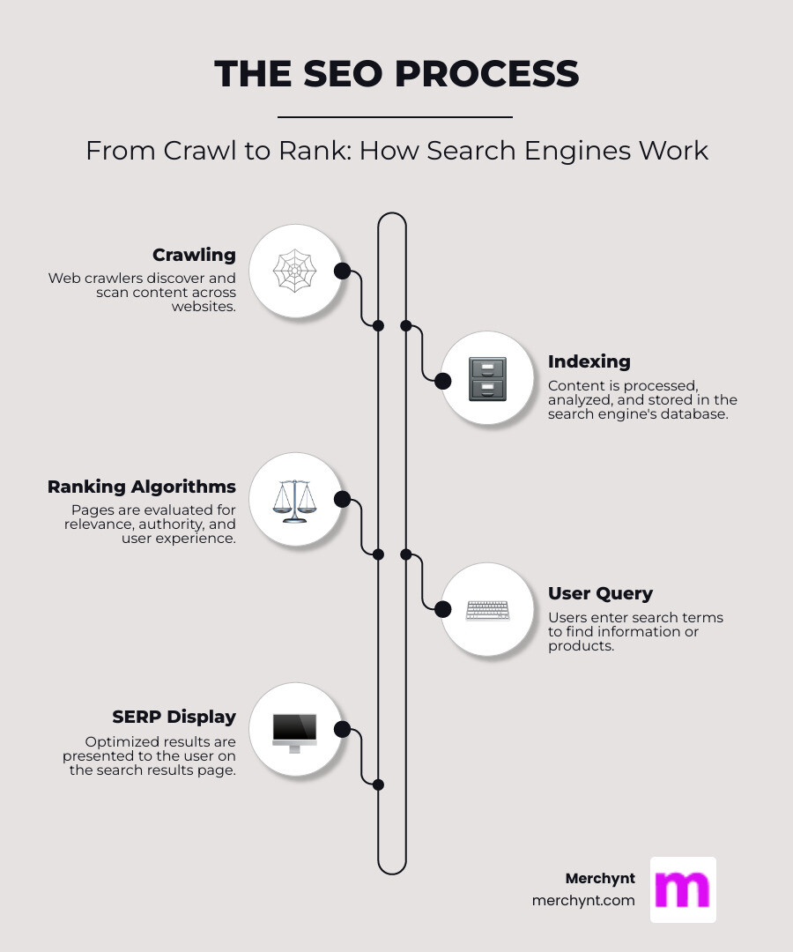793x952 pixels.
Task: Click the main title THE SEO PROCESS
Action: (396, 74)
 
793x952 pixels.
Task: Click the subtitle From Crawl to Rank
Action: (396, 151)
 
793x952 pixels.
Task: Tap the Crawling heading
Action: (194, 255)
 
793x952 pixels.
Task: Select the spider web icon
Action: (294, 271)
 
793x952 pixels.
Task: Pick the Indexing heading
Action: (589, 361)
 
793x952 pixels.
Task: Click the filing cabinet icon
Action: (487, 379)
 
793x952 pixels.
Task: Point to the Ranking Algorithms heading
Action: (142, 487)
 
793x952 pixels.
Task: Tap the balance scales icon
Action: (294, 500)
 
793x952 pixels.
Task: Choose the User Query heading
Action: (600, 593)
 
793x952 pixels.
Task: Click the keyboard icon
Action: (487, 609)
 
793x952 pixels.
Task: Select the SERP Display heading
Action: (174, 717)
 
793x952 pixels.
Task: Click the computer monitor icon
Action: (294, 732)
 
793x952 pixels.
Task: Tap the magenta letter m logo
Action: (683, 889)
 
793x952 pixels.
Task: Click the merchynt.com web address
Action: (583, 901)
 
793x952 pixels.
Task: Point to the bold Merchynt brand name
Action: (600, 879)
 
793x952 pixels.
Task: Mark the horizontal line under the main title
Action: (395, 116)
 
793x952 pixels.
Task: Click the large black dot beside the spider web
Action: (343, 271)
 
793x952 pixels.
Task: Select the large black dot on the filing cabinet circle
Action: (443, 381)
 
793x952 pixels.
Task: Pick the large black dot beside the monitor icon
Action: (343, 730)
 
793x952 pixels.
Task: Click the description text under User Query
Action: (635, 631)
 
